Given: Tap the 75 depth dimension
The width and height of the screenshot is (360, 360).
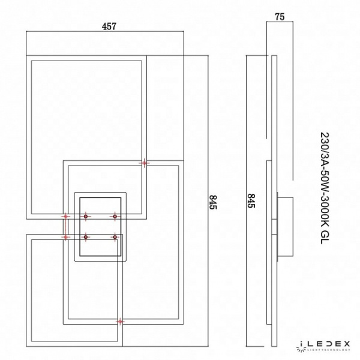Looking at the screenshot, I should pyautogui.click(x=279, y=18).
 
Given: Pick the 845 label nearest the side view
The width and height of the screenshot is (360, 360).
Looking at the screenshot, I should pyautogui.click(x=251, y=200).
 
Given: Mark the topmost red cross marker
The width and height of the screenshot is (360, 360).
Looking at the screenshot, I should pyautogui.click(x=144, y=163).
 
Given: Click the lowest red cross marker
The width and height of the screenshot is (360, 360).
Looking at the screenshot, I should pyautogui.click(x=121, y=322).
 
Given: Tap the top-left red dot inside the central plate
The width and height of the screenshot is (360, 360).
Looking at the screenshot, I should pyautogui.click(x=85, y=216).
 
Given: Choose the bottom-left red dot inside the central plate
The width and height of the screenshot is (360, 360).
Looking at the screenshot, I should pyautogui.click(x=85, y=237).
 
